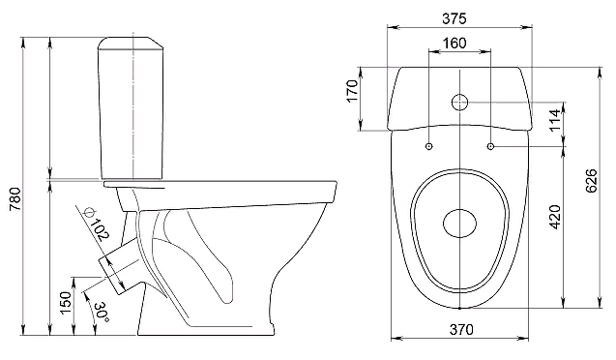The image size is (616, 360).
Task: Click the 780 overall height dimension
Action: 15,197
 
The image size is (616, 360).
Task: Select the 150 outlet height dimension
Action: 66,302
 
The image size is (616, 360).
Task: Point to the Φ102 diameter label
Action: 96,224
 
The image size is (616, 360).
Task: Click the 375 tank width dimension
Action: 455,18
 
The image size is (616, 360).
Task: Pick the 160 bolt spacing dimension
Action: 455,44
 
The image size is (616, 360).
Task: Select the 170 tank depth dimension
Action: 353,91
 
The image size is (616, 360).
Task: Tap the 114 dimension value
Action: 554,120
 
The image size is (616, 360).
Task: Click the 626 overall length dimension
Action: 591,181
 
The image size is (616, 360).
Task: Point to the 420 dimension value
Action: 554,217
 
